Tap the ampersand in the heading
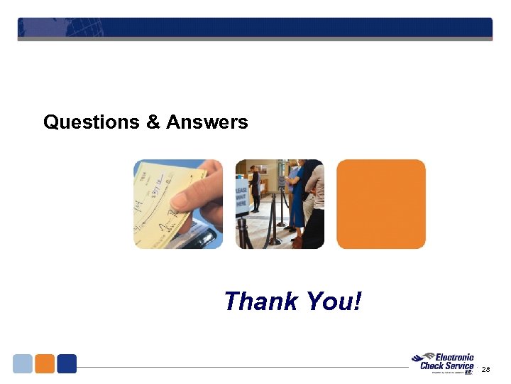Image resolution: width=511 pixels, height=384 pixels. pos(153,122)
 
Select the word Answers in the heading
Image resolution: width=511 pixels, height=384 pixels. pos(207,122)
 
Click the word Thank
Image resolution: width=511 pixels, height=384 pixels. pos(260,302)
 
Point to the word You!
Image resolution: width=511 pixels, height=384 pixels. pos(334,302)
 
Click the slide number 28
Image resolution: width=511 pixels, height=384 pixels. pos(485,370)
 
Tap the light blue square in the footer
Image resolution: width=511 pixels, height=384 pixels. pos(23,363)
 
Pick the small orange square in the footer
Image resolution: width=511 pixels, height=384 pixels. pos(45,363)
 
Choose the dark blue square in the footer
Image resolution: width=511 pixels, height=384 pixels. pos(67,363)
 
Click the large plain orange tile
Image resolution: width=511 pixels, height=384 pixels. pos(381,204)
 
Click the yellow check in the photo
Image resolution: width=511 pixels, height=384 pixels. pos(159,199)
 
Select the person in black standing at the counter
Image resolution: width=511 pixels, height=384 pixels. pos(254,188)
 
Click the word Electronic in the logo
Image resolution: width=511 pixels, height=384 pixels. pos(454,358)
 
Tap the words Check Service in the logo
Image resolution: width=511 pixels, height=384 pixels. pos(446,366)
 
